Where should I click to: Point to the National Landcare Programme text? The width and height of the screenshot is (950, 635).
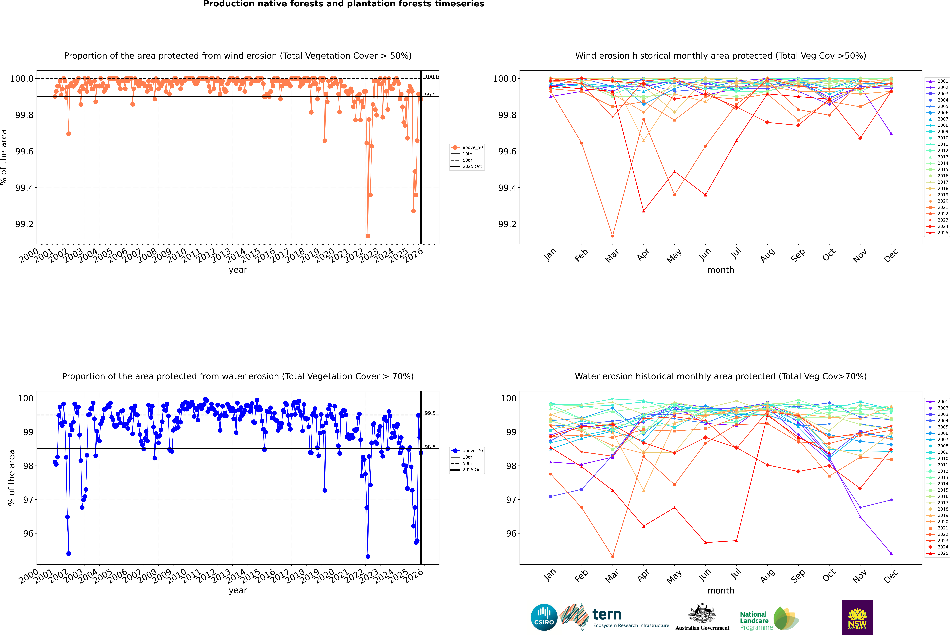[754, 620]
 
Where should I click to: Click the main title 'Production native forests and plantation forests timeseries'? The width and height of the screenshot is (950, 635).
[343, 4]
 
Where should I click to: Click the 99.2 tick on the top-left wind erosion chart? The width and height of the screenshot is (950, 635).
[24, 224]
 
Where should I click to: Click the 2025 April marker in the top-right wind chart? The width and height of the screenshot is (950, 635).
[643, 211]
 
